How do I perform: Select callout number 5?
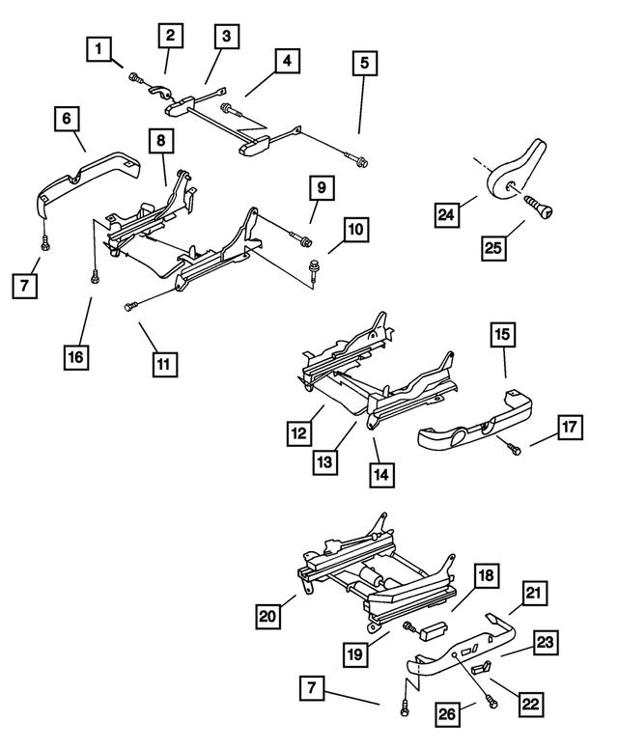tap(364, 65)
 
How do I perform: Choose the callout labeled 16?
tap(74, 356)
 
